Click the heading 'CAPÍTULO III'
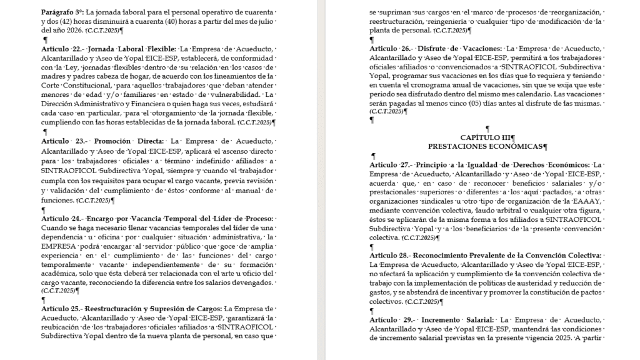point(487,137)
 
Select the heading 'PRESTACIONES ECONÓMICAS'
point(487,146)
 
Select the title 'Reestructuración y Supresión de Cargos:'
point(154,309)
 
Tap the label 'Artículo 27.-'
point(389,164)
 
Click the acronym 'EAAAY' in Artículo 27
point(587,201)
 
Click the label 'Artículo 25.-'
point(61,309)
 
